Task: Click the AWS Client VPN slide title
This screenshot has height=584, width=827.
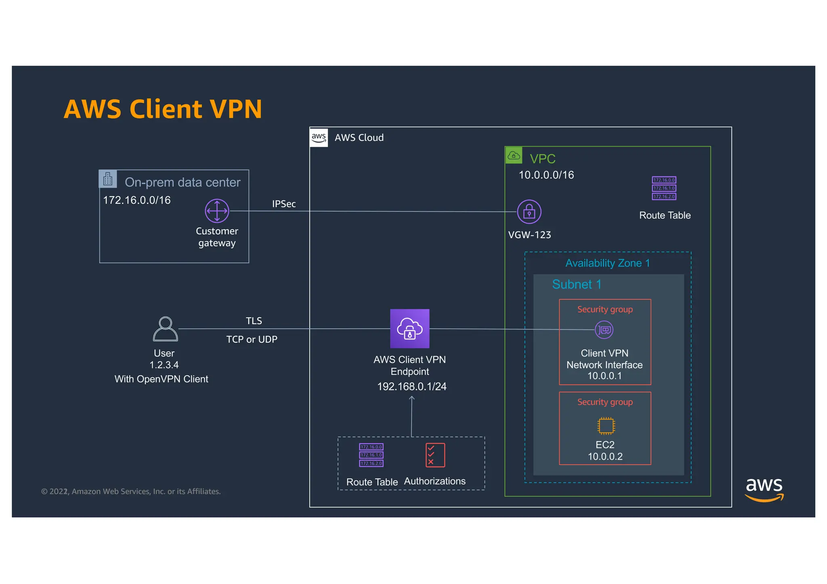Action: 163,109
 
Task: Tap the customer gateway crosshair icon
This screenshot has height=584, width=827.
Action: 217,211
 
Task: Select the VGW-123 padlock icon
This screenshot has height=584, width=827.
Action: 529,211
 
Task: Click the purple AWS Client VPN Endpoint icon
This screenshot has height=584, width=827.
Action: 409,329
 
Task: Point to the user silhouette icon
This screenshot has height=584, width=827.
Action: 166,329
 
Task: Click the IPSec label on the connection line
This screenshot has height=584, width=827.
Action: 283,204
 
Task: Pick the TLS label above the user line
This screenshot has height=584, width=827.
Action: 254,321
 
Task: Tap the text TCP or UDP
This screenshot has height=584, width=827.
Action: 252,339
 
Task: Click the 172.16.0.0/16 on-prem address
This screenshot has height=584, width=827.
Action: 136,200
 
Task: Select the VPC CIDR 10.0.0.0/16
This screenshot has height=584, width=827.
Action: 546,175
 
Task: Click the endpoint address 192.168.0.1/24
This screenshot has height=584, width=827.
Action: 411,386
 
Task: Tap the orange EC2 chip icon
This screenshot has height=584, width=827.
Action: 605,425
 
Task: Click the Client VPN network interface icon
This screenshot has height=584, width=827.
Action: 604,330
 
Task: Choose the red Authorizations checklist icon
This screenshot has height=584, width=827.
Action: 435,455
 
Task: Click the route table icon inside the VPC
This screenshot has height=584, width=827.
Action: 664,188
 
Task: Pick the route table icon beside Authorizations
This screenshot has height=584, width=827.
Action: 371,455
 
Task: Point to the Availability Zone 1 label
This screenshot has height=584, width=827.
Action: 607,263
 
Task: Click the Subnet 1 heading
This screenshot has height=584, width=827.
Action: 576,284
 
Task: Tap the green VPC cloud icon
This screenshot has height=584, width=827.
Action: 514,155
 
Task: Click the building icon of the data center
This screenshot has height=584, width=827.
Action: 108,179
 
